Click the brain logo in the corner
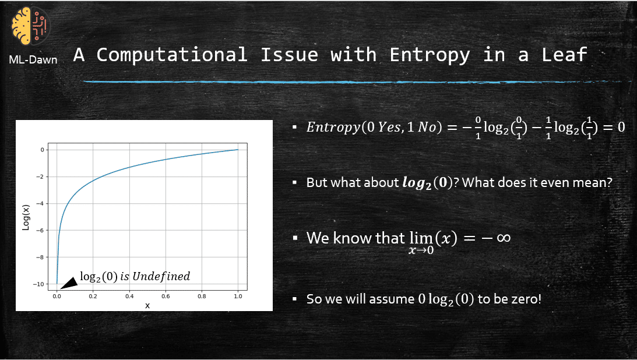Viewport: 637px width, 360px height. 31,26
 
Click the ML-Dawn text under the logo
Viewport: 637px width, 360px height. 33,59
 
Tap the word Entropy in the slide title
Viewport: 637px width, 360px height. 430,55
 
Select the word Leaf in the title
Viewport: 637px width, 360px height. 564,55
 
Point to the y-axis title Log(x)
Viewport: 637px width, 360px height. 26,217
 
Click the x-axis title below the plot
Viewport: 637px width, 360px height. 147,305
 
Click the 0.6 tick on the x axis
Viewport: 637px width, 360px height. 166,296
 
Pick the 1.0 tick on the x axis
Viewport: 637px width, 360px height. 238,296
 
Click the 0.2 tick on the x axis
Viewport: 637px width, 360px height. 93,296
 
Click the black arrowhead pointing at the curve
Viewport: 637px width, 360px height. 69,283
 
